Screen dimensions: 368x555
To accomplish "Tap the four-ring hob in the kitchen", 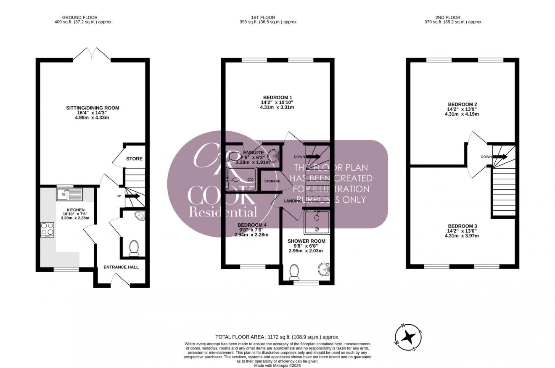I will (47, 230).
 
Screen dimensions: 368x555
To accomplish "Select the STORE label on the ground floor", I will (135, 159).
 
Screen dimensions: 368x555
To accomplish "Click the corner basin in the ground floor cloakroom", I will (140, 216).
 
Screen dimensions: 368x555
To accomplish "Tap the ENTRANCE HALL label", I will (121, 267).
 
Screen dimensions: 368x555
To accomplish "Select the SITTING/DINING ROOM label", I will (92, 108).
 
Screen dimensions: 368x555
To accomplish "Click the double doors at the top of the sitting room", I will (92, 54).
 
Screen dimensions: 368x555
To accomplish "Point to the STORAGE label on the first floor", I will (272, 181).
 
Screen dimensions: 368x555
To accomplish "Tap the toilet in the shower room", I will (294, 272).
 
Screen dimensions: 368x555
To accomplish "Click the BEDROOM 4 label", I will (252, 225).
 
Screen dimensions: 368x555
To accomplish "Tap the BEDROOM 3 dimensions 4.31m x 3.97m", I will (462, 236).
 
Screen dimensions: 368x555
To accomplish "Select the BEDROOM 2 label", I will (462, 104).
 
